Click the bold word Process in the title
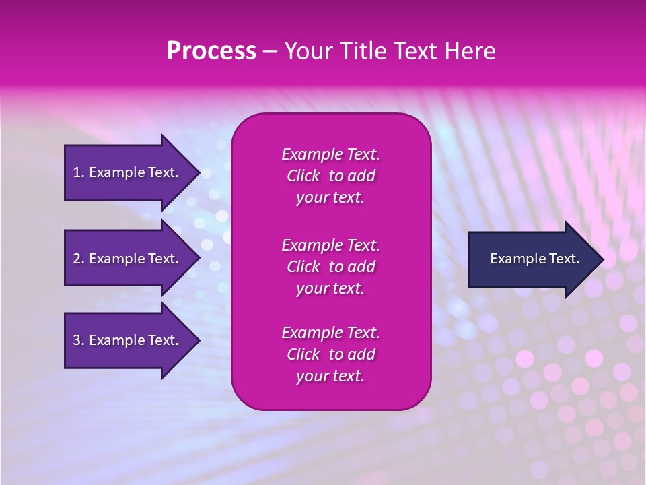211,51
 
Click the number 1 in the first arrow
77,172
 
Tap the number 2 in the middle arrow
77,259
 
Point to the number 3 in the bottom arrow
77,340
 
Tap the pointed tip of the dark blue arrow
601,259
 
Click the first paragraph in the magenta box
330,176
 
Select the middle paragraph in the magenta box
330,267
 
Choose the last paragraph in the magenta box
330,354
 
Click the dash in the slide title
270,52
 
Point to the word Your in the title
308,51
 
